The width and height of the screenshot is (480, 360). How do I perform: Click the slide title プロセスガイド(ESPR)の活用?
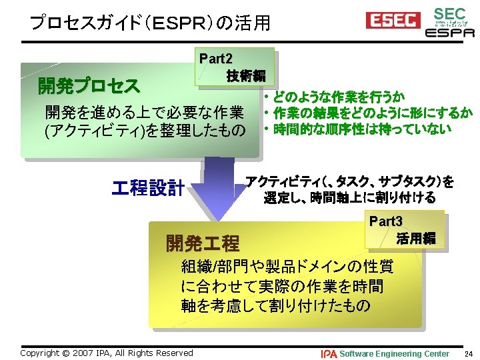150,23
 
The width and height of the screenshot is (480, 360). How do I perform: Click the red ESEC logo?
391,21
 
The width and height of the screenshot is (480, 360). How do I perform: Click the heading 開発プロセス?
89,86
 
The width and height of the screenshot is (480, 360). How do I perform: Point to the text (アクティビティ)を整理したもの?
144,129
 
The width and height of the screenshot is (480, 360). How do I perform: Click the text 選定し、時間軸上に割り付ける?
349,197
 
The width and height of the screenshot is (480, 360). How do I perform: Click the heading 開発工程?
202,242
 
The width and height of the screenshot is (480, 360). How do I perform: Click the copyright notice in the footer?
107,353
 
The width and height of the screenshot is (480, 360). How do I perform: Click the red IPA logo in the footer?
329,353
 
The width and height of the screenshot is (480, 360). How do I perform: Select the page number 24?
468,353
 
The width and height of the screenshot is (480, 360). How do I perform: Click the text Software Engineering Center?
395,353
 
